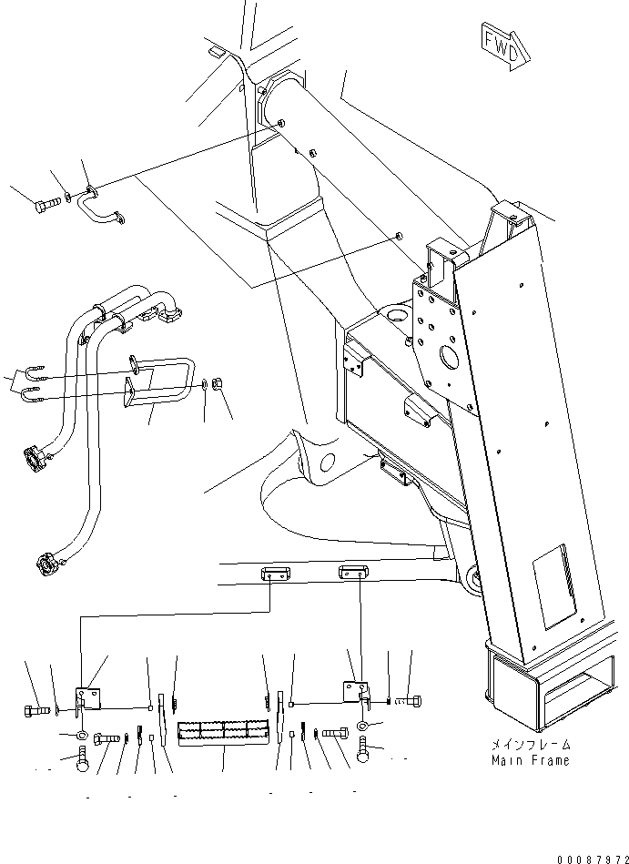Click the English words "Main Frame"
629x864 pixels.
[531, 760]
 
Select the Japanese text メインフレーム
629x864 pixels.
[531, 745]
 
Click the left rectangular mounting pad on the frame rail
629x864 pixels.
[275, 574]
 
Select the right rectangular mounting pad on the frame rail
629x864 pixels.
[353, 572]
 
